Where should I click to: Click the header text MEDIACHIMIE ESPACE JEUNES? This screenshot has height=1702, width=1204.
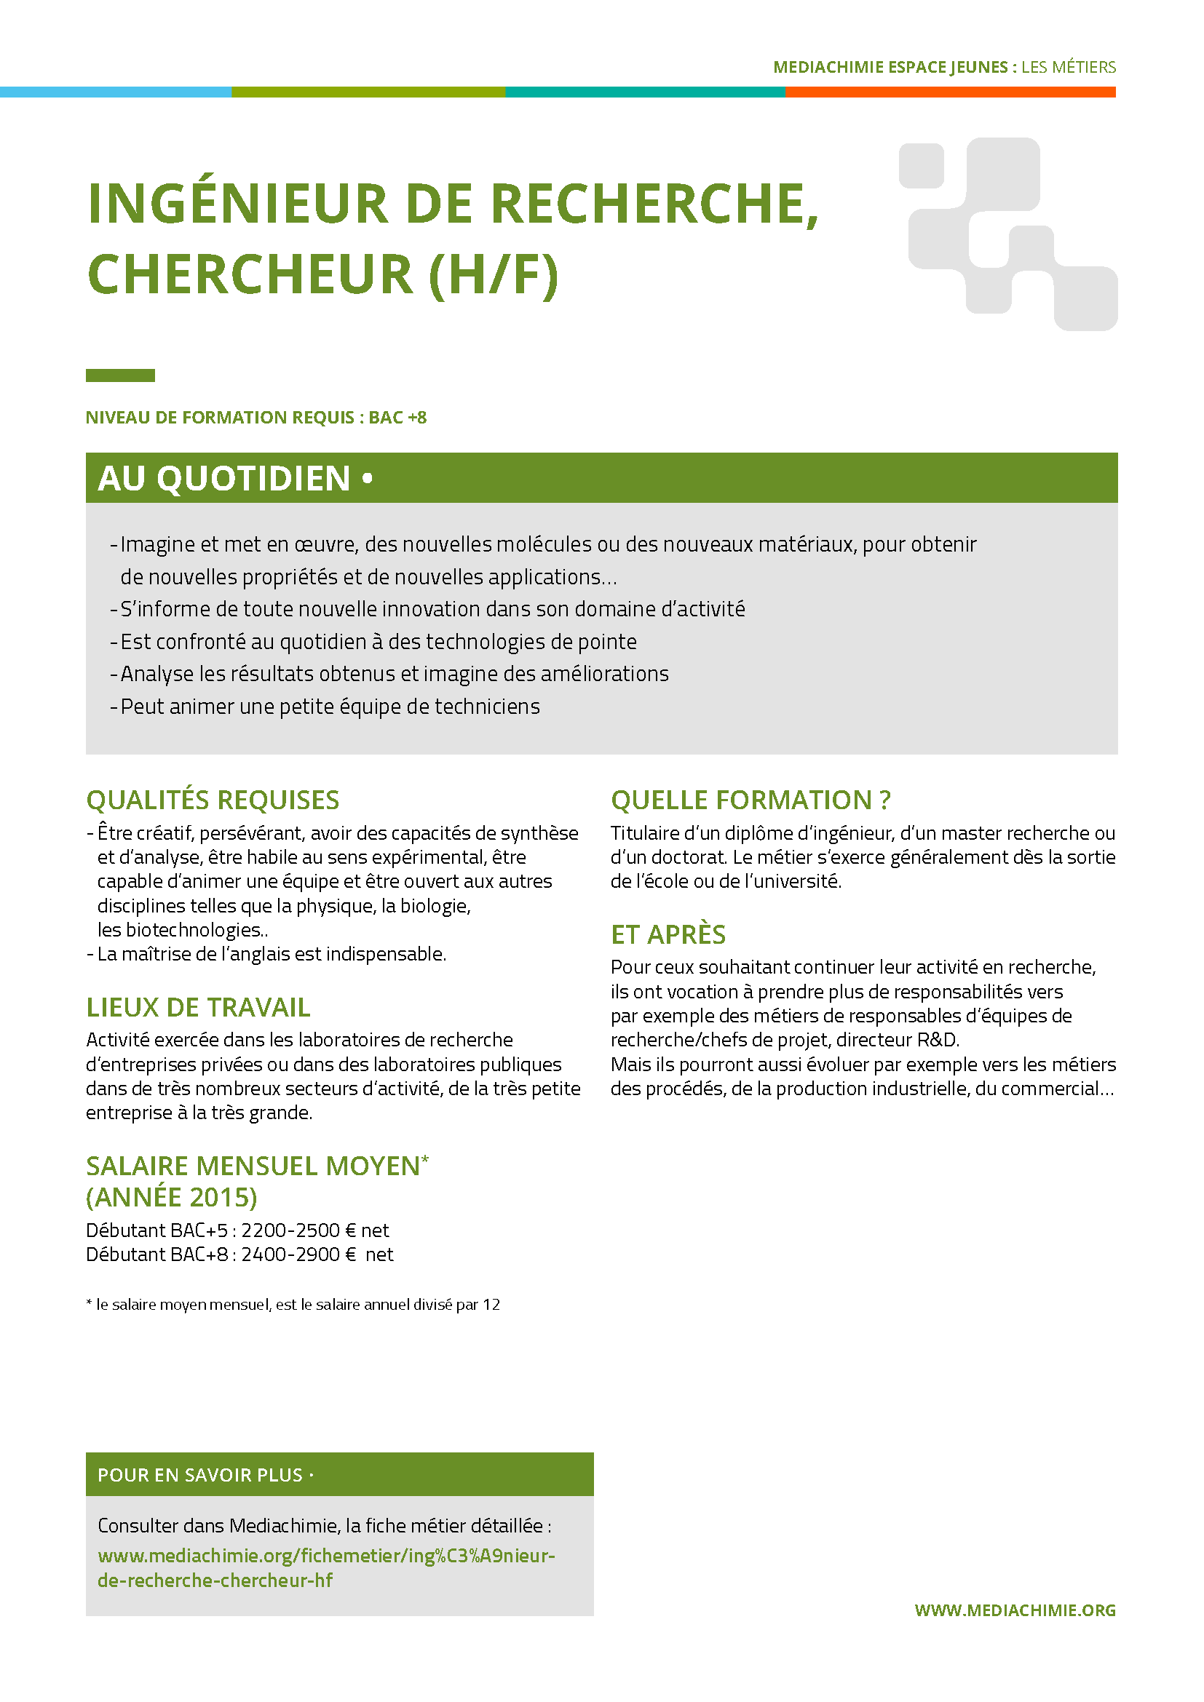(890, 68)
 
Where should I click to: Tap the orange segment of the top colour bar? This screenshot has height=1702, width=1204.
(950, 92)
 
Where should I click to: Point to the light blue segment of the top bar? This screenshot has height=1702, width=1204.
(115, 92)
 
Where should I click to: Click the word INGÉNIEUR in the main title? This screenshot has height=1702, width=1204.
(237, 204)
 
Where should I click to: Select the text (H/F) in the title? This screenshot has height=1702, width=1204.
(493, 275)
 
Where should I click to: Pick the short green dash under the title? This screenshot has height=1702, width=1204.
(120, 375)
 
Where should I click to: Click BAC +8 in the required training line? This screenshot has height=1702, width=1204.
(397, 418)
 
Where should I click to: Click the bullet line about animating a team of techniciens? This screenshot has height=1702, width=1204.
(329, 707)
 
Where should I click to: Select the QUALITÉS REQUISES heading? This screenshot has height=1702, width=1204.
(213, 800)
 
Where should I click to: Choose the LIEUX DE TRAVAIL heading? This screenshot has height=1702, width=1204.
(198, 1007)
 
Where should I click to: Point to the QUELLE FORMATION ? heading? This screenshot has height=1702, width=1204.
(750, 800)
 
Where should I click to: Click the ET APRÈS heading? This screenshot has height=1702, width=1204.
(668, 935)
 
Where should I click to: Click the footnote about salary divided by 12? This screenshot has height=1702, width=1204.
(293, 1305)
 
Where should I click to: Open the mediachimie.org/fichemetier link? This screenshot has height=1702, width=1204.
(326, 1568)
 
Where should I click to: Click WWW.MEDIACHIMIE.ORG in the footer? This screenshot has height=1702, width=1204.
(1014, 1610)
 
